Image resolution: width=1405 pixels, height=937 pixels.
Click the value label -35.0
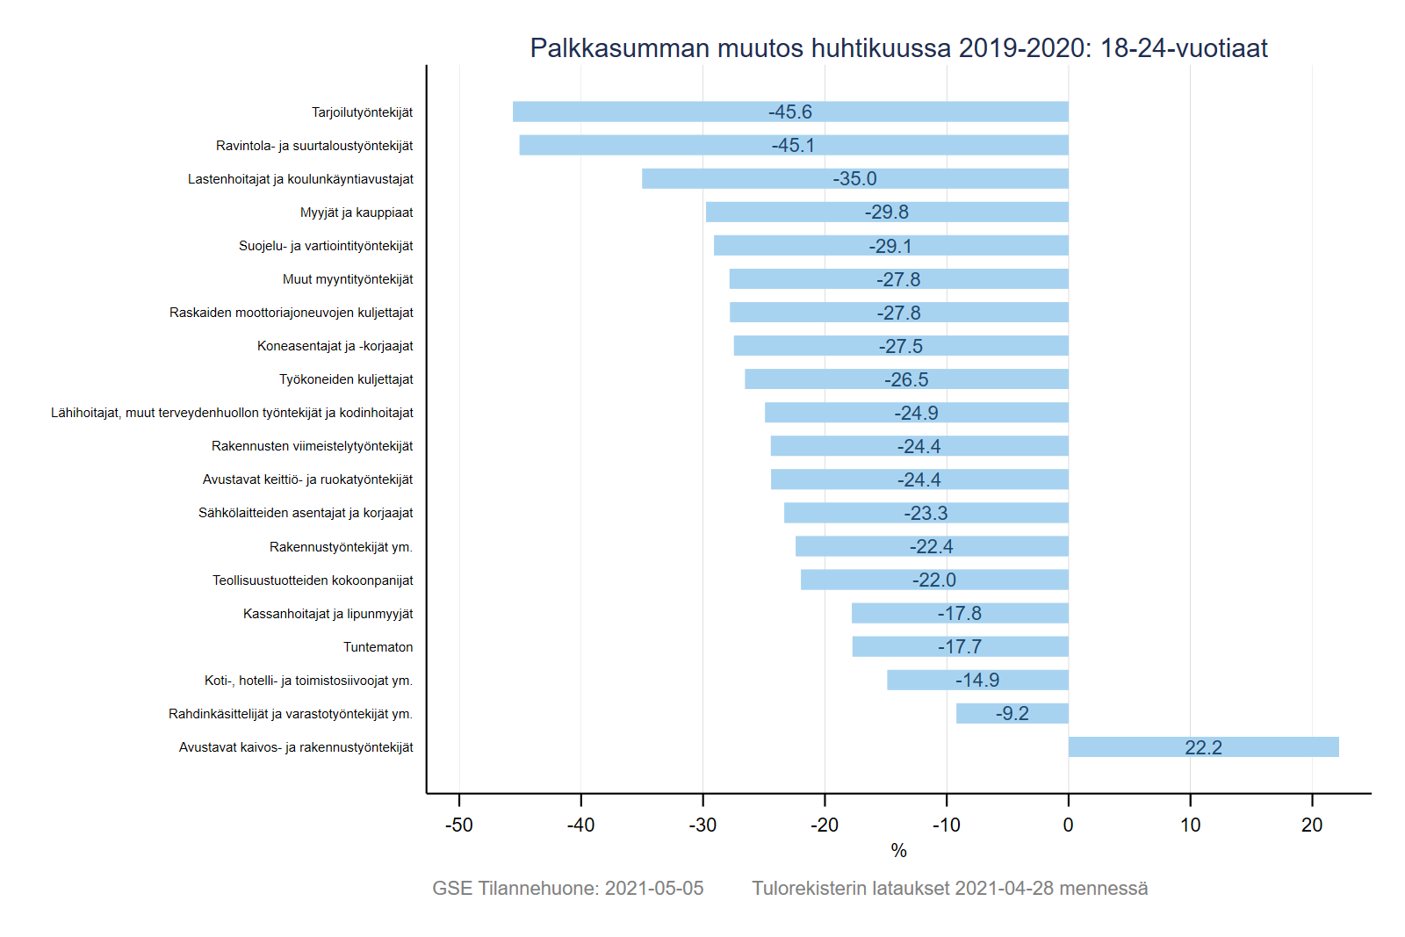pyautogui.click(x=854, y=178)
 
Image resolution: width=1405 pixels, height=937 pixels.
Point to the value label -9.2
pyautogui.click(x=1012, y=713)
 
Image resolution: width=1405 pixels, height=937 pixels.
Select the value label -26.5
pyautogui.click(x=906, y=379)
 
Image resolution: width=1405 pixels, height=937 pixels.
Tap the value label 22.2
pyautogui.click(x=1203, y=747)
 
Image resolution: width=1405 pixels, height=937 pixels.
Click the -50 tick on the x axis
pyautogui.click(x=458, y=825)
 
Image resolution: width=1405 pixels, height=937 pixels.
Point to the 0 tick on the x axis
pyautogui.click(x=1068, y=825)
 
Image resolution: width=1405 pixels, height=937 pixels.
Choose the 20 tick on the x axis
pyautogui.click(x=1312, y=825)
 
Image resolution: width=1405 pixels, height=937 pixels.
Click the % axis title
pyautogui.click(x=898, y=850)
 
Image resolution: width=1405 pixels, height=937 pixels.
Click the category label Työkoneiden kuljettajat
pyautogui.click(x=346, y=379)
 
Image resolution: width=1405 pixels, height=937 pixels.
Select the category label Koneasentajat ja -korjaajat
pyautogui.click(x=335, y=346)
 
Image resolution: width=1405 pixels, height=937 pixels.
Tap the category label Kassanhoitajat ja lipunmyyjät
pyautogui.click(x=328, y=614)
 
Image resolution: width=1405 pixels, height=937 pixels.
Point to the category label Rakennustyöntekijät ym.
pyautogui.click(x=341, y=547)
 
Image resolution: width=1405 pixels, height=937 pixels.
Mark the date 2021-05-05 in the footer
pyautogui.click(x=654, y=888)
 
